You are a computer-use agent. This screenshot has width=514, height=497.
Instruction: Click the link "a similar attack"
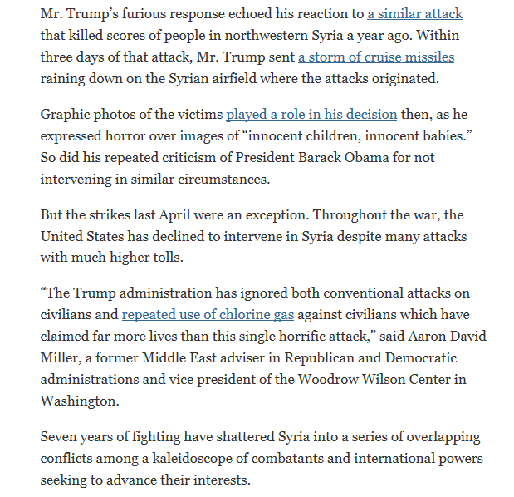click(x=415, y=14)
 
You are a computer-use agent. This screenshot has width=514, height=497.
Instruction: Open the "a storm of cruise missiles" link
click(x=376, y=57)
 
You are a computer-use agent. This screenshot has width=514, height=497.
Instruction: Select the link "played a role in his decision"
click(x=311, y=114)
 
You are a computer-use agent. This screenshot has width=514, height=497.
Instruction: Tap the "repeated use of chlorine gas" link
click(x=208, y=315)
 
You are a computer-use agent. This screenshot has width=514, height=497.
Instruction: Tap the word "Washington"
click(x=80, y=401)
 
